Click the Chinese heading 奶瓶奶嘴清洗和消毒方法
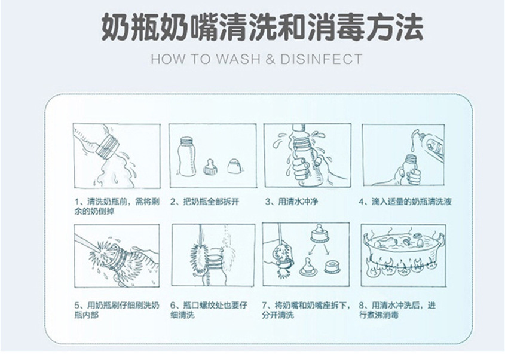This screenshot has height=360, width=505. pos(262,27)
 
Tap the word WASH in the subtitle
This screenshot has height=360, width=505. pos(238,59)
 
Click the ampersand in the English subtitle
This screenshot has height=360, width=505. pos(270,59)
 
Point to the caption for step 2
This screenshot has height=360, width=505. pos(205,202)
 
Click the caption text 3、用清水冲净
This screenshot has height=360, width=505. pos(292,202)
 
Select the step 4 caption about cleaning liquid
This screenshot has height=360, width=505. pos(405,202)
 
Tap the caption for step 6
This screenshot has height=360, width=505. pos(209,310)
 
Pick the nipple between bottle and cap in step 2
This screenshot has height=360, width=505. pos(210,166)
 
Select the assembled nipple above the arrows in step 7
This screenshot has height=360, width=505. pos(319,233)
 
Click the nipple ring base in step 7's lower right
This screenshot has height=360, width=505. pos(331,267)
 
